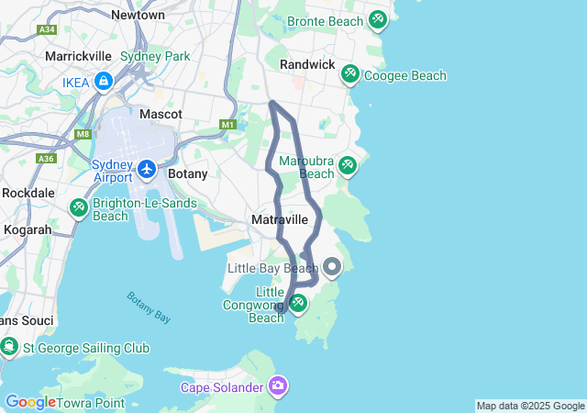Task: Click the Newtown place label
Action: point(138,15)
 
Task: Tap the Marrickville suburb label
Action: point(79,56)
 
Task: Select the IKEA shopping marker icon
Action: point(103,82)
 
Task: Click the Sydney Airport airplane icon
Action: point(148,170)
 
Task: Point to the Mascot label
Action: point(161,114)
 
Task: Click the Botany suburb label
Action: point(188,173)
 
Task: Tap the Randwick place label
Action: point(306,64)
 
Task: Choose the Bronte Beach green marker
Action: point(378,19)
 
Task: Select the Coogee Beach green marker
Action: point(349,73)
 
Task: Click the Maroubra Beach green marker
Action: point(347,165)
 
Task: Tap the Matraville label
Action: point(279,220)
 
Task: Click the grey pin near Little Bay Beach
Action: point(332,267)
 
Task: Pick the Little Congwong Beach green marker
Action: point(297,301)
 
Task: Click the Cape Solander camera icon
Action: point(277,385)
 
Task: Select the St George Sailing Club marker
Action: point(9,347)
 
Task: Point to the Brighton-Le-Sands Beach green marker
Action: point(78,208)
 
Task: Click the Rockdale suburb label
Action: point(28,193)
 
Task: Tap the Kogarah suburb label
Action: point(26,229)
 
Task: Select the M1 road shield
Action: point(228,125)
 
